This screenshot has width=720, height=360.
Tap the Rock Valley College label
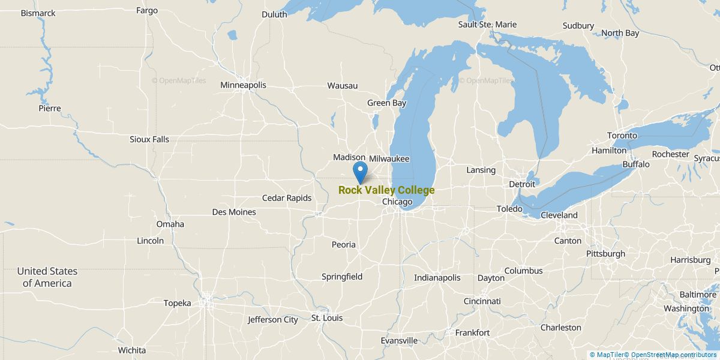point(386,190)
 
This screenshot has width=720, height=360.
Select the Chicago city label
point(397,202)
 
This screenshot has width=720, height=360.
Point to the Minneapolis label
point(243,85)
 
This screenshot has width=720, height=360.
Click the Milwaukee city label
point(389,159)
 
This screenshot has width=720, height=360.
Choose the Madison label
point(349,157)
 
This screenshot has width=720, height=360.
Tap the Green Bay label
point(386,103)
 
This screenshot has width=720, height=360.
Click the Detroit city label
point(521,184)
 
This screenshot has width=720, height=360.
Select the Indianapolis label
point(437,278)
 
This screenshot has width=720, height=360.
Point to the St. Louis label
point(326,318)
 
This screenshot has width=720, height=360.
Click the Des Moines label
point(234,212)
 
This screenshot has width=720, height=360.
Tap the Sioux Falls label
point(149,139)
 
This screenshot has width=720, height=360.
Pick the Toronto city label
point(621,136)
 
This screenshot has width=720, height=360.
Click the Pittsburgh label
point(605,254)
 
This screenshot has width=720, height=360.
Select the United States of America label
point(47,277)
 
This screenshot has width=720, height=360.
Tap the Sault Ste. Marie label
point(487,25)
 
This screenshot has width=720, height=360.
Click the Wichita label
point(131,350)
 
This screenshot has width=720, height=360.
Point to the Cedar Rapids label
point(287,198)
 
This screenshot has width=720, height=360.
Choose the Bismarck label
point(38,13)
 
